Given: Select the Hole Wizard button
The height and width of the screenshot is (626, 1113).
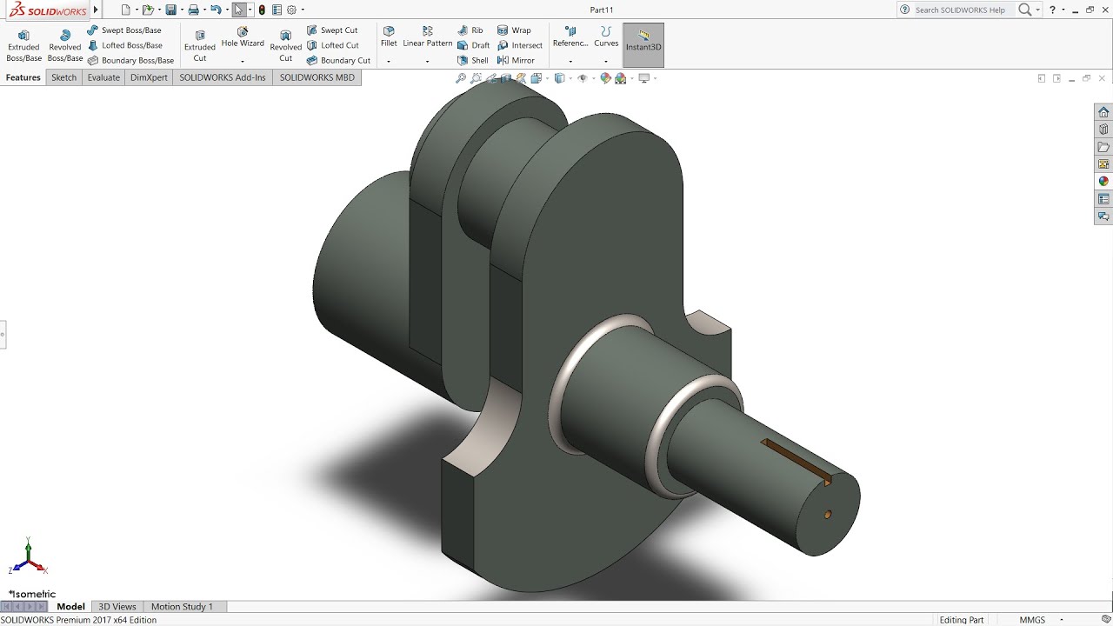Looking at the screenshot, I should tap(243, 37).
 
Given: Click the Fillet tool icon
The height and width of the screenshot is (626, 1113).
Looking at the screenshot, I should tap(389, 37).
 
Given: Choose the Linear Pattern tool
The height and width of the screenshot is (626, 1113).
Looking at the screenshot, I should tap(427, 37).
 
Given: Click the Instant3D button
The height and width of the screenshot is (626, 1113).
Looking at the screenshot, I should tap(643, 41).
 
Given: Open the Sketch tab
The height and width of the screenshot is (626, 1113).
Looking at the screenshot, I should tap(63, 77).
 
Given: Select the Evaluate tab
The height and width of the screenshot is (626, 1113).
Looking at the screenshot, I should tap(103, 77).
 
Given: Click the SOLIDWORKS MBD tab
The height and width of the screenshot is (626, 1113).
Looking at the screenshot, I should tap(317, 77).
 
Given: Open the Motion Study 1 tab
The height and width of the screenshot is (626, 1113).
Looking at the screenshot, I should tap(182, 606).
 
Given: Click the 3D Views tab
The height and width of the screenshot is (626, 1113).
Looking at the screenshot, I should tap(117, 606).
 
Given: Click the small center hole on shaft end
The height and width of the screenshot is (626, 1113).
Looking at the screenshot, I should tap(828, 514).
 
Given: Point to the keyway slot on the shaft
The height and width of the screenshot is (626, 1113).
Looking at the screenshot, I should tap(796, 460).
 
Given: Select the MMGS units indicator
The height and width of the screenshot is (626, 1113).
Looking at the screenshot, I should tap(1032, 620).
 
